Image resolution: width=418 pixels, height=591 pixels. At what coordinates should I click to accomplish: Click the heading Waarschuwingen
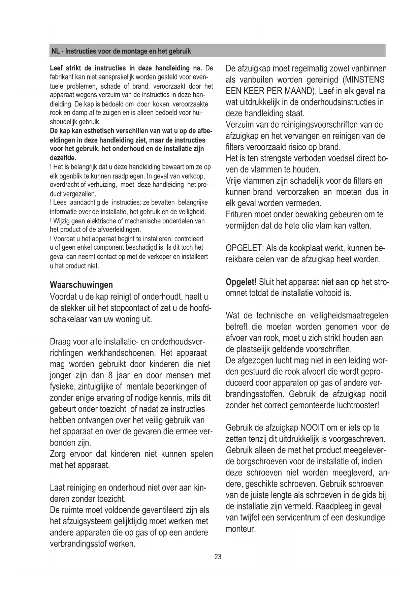click(x=81, y=285)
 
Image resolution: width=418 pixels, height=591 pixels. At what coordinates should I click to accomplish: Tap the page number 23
click(x=218, y=557)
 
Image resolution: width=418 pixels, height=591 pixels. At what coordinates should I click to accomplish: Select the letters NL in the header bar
click(x=56, y=52)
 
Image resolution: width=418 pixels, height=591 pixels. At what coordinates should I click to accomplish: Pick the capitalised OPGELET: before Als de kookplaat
click(x=244, y=249)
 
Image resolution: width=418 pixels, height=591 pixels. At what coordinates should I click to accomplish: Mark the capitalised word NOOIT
click(x=312, y=428)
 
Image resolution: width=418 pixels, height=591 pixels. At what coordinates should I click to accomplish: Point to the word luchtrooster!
click(x=358, y=405)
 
